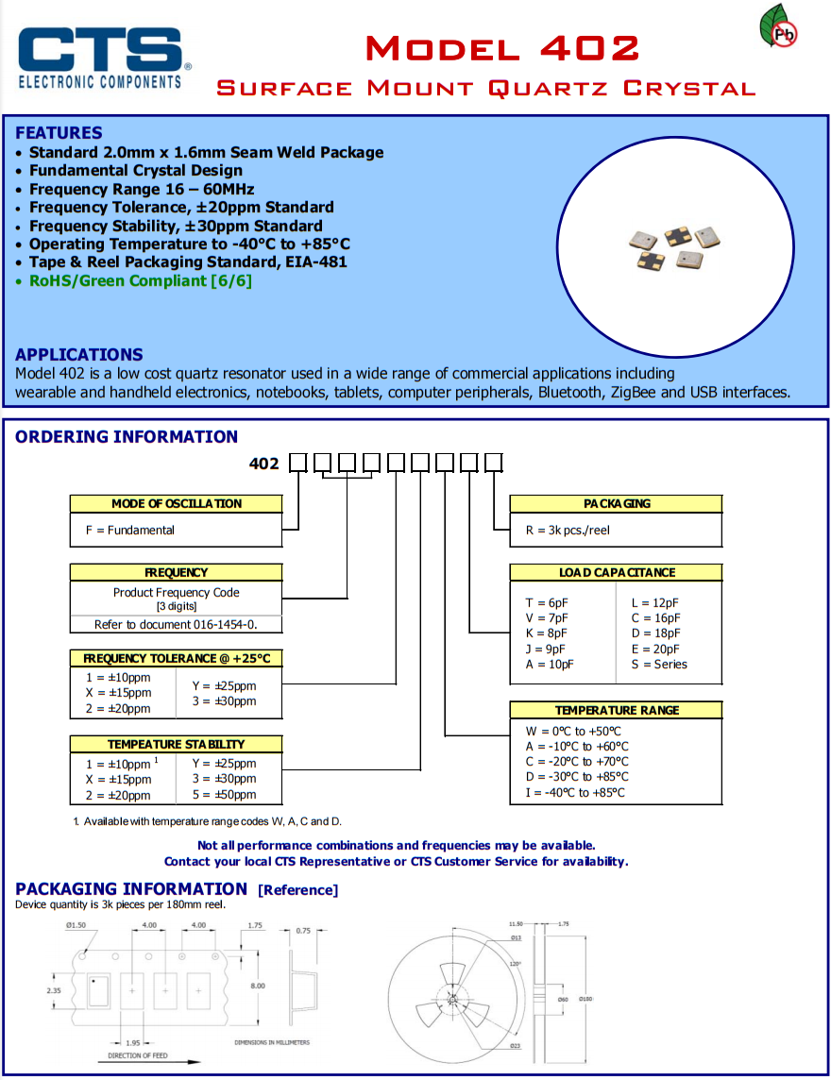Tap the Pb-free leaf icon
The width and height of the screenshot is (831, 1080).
pyautogui.click(x=780, y=28)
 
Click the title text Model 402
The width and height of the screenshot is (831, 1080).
pyautogui.click(x=501, y=47)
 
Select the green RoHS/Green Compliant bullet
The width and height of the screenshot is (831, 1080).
pyautogui.click(x=140, y=280)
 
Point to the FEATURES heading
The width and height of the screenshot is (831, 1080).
pyautogui.click(x=59, y=133)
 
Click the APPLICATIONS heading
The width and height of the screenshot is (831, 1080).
pyautogui.click(x=79, y=355)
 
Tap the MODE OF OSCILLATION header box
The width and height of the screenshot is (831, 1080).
pyautogui.click(x=177, y=504)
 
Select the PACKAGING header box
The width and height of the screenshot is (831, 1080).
pyautogui.click(x=616, y=504)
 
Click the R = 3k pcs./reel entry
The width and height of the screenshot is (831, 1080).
pyautogui.click(x=568, y=531)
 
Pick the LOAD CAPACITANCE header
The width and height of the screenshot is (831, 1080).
pyautogui.click(x=616, y=572)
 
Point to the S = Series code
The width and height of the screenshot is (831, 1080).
pyautogui.click(x=659, y=665)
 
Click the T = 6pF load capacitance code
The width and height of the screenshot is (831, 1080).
pyautogui.click(x=547, y=603)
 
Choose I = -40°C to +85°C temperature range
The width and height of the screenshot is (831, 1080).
pyautogui.click(x=575, y=793)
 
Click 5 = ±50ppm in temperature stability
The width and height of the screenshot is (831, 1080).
pyautogui.click(x=224, y=795)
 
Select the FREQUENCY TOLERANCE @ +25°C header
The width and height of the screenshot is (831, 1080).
pyautogui.click(x=177, y=658)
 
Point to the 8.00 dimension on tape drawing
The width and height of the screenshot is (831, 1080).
pyautogui.click(x=258, y=986)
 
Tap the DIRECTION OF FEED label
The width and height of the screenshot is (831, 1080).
pyautogui.click(x=138, y=1055)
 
